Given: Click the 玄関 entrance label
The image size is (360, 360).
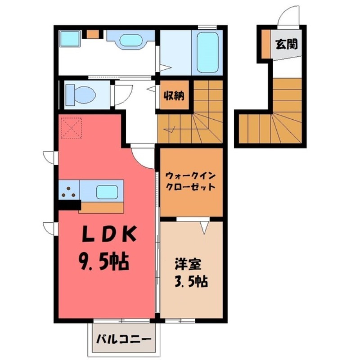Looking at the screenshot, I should click(x=287, y=44).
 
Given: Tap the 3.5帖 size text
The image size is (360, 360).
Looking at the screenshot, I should click(x=191, y=282).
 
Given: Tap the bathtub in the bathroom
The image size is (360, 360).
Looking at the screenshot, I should click(x=207, y=53).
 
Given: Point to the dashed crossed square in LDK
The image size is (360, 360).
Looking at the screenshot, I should click(x=71, y=127).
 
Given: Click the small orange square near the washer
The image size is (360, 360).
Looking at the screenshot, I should click(x=93, y=34).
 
